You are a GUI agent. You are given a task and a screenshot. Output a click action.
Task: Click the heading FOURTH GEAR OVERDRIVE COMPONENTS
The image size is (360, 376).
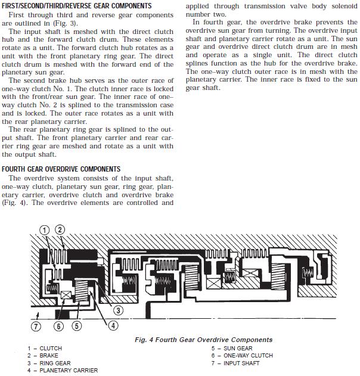[61, 169]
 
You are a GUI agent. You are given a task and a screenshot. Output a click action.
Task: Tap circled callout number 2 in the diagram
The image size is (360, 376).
[60, 229]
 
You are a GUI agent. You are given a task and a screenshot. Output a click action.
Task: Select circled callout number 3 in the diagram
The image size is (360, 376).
[118, 310]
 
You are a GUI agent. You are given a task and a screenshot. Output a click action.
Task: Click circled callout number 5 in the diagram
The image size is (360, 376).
[76, 325]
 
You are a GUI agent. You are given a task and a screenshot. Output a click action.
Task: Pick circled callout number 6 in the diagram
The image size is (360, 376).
[58, 325]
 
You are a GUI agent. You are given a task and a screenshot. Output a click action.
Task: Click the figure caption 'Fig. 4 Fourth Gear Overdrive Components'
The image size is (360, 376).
[203, 340]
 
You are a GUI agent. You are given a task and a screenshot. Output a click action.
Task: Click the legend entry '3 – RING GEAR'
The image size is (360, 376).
[48, 363]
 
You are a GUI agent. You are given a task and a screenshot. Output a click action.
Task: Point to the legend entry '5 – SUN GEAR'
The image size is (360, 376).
[232, 349]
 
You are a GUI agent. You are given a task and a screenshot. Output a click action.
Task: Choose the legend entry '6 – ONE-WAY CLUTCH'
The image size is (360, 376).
[242, 356]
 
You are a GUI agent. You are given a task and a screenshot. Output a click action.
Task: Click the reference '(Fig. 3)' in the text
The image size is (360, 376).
[74, 23]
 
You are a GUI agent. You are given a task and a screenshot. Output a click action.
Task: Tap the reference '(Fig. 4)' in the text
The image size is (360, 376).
[15, 203]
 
